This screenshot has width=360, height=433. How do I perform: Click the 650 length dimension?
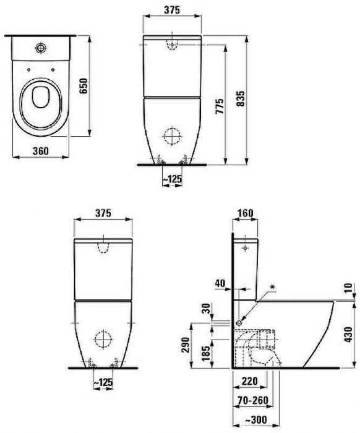click(84, 86)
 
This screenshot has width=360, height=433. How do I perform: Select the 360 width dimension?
click(41, 151)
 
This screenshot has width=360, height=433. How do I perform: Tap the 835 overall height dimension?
click(240, 98)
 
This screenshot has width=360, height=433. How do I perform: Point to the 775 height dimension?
click(220, 106)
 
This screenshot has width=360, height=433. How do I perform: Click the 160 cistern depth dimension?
click(245, 213)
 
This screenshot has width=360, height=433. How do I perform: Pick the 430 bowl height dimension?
click(349, 335)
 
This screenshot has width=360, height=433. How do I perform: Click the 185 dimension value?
click(206, 353)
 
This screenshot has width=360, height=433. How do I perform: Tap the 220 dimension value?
click(249, 382)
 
